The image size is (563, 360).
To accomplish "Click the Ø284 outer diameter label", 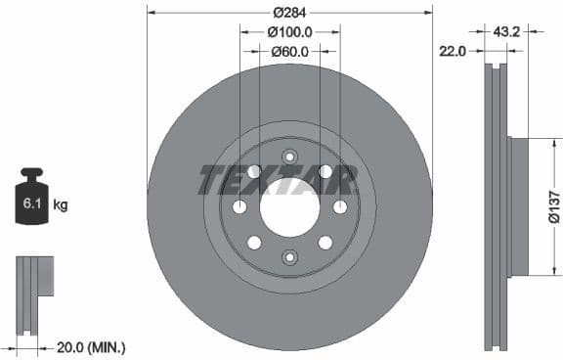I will [x=289, y=13].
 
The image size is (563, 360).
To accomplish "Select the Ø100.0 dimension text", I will [x=289, y=32].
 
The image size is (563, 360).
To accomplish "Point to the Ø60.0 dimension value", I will [x=289, y=51].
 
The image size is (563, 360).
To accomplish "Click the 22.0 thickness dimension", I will [x=451, y=51].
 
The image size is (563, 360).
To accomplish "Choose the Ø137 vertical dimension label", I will [x=552, y=206].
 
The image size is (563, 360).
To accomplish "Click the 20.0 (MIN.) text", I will [x=89, y=347].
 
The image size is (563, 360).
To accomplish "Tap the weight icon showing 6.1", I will [x=31, y=202].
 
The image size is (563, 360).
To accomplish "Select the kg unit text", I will [x=61, y=205].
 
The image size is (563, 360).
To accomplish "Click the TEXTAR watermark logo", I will [x=278, y=180].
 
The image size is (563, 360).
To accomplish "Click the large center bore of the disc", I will [x=289, y=207].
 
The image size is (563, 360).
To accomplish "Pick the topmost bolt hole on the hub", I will [x=289, y=157].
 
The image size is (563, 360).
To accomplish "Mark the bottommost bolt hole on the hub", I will [x=289, y=257].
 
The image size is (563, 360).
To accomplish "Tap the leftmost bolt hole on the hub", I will [x=239, y=207].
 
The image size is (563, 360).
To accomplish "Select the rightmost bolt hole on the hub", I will [x=340, y=207].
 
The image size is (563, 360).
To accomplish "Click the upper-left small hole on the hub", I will [x=254, y=172].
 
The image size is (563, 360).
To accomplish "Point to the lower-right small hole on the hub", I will [x=325, y=243].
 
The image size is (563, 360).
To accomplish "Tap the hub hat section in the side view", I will [x=518, y=206].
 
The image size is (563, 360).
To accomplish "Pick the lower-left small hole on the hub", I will [x=254, y=243].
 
